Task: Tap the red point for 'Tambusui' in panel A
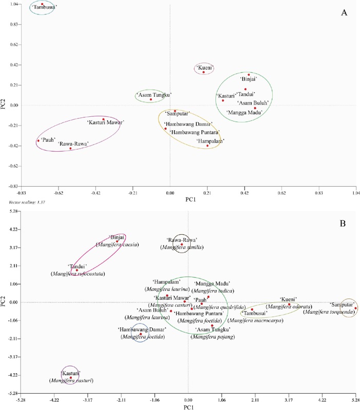coord(42,4)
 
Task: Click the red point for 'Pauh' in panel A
coord(38,140)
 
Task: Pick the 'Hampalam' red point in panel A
coord(207,146)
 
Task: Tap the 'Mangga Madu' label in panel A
coord(244,112)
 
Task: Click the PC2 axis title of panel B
coord(5,302)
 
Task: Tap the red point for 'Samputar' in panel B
coord(355,308)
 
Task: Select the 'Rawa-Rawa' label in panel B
coord(182,240)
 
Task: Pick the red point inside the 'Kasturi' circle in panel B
coord(71,378)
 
